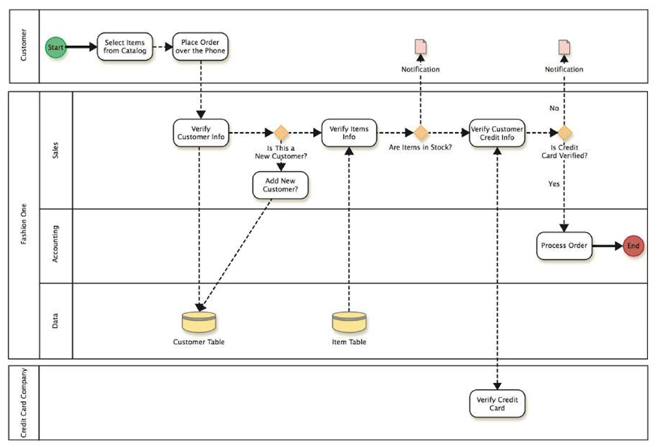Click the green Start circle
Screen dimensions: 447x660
click(56, 47)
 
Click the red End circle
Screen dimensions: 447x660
click(632, 246)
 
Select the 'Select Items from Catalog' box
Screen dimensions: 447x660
click(123, 47)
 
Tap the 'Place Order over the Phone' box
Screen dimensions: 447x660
click(201, 47)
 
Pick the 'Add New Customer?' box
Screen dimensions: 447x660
click(281, 185)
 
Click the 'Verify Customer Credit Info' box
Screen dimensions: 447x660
click(497, 133)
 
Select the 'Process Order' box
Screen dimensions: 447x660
click(564, 246)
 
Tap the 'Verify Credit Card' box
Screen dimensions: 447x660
click(497, 403)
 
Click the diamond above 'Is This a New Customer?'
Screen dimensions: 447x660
click(281, 132)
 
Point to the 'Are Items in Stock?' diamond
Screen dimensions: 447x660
click(421, 132)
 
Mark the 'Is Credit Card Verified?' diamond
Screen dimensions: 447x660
click(564, 132)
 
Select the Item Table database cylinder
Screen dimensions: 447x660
click(349, 322)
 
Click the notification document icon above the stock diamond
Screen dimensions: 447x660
click(421, 47)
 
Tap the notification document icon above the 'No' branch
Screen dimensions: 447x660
click(564, 47)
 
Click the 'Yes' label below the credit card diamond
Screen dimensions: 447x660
click(554, 183)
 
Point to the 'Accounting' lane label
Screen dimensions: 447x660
click(56, 244)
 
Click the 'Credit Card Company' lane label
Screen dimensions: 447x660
click(23, 403)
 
